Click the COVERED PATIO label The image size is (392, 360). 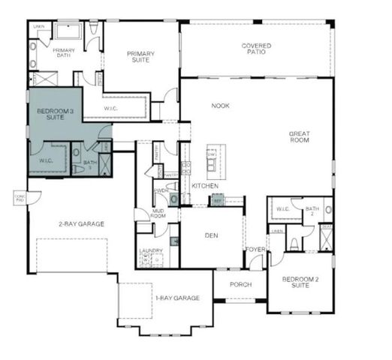click(256, 49)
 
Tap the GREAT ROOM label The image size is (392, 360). click(300, 138)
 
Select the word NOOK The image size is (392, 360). click(220, 106)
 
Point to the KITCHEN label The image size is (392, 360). click(205, 185)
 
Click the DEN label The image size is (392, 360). click(211, 235)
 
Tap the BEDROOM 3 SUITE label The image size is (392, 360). click(56, 115)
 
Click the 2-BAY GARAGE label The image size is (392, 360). click(81, 223)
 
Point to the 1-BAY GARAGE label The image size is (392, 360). click(177, 298)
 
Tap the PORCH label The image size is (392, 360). click(240, 284)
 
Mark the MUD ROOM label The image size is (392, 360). click(158, 213)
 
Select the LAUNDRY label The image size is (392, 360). click(151, 251)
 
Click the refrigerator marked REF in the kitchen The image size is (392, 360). click(218, 201)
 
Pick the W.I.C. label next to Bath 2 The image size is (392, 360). click(283, 208)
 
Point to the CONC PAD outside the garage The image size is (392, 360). click(20, 199)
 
